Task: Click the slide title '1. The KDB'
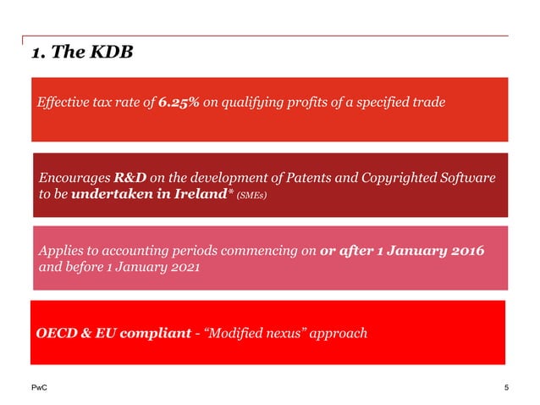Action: point(82,53)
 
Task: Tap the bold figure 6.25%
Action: point(179,103)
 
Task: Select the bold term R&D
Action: point(130,178)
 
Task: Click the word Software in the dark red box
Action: point(463,178)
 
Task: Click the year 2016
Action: point(469,252)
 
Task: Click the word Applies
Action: point(62,252)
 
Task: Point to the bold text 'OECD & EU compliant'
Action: point(113,333)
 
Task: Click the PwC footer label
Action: point(40,387)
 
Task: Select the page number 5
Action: point(506,387)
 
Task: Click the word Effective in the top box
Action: point(64,103)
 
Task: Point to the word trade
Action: point(428,103)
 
